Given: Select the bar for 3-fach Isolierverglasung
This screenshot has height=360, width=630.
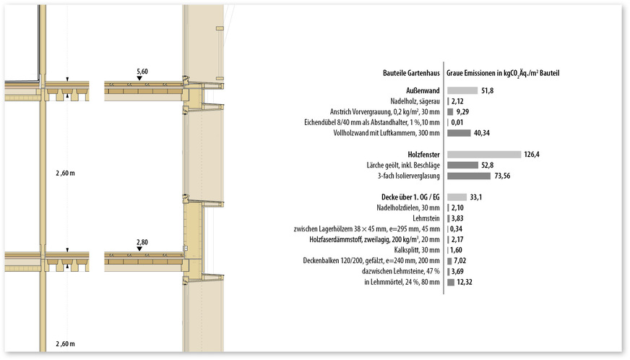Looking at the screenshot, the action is [x=469, y=176].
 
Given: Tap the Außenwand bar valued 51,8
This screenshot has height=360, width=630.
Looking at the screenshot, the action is [x=462, y=90].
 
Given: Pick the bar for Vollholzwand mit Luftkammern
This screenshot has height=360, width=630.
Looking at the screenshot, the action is [x=459, y=133].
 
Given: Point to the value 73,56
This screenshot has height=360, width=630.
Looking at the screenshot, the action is [x=502, y=176].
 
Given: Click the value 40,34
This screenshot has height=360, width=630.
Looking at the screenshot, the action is [x=482, y=133].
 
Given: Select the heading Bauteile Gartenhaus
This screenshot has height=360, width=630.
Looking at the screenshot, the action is [x=411, y=73].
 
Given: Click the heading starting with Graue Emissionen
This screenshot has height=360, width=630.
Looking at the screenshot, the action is [x=503, y=73].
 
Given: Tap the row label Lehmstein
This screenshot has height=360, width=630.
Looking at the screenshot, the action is [x=426, y=218].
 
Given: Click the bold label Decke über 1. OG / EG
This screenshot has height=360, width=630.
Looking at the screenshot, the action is [x=410, y=197].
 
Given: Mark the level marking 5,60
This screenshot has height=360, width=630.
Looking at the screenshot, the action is [x=142, y=72].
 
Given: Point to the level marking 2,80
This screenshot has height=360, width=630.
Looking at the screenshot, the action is [x=142, y=243].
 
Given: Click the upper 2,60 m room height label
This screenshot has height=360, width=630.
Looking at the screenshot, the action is [x=65, y=173].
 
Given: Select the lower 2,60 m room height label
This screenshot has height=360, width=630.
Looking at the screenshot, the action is [x=65, y=344].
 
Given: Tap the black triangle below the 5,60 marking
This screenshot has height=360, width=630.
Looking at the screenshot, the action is [x=139, y=78].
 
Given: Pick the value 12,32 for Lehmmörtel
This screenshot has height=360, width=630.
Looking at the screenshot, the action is [x=465, y=283].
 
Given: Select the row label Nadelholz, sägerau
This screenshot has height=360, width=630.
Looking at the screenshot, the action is [x=415, y=101].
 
